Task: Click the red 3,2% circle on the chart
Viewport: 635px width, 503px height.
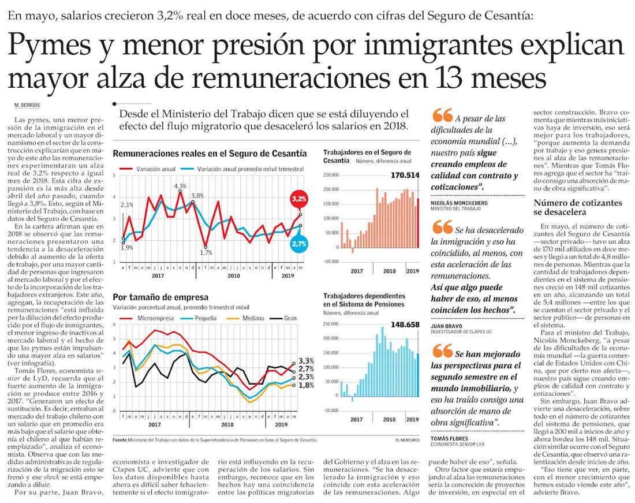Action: click(x=298, y=199)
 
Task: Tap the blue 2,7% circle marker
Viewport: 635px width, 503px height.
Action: click(x=298, y=244)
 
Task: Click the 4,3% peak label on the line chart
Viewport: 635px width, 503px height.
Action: click(x=180, y=186)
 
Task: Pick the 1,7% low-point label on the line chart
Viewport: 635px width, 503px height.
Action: click(x=206, y=252)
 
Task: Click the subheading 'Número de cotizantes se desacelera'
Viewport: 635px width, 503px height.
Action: click(x=577, y=207)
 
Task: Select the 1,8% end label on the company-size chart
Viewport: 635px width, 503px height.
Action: click(x=307, y=385)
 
